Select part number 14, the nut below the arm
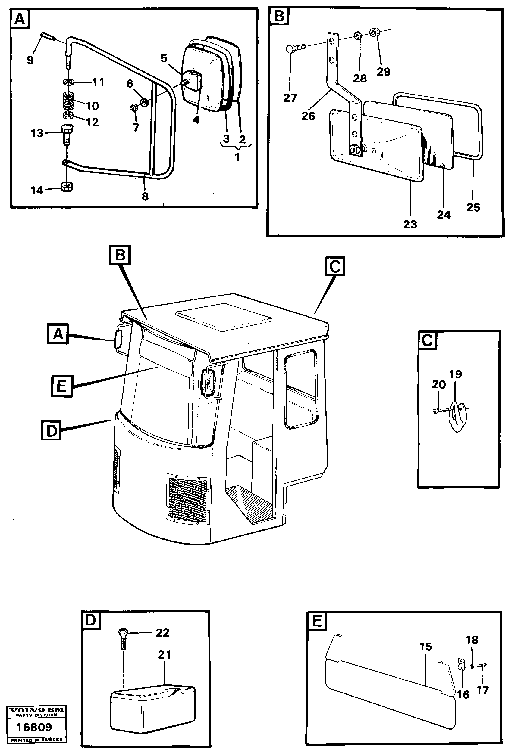67,187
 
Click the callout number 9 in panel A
30,60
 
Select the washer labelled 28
357,35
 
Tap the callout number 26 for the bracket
308,116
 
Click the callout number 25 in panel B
473,208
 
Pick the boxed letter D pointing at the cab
51,431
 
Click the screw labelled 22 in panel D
123,639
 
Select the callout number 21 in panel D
164,655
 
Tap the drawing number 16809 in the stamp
34,727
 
